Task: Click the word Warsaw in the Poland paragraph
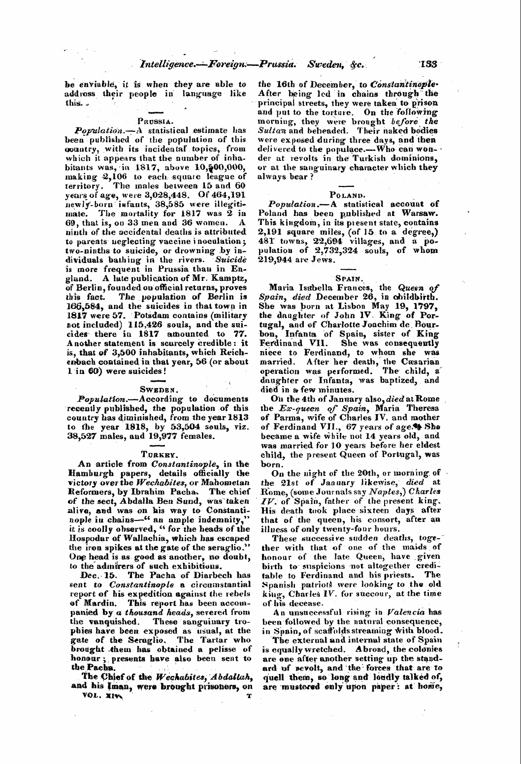click(x=420, y=214)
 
